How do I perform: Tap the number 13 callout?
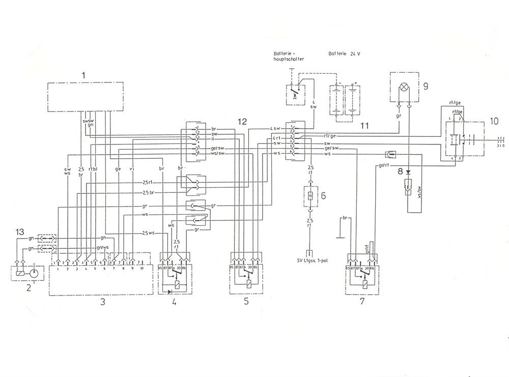(19, 233)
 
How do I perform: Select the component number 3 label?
(102, 302)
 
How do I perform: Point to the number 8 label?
(401, 171)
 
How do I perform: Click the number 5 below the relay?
(246, 301)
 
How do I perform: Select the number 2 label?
(29, 287)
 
